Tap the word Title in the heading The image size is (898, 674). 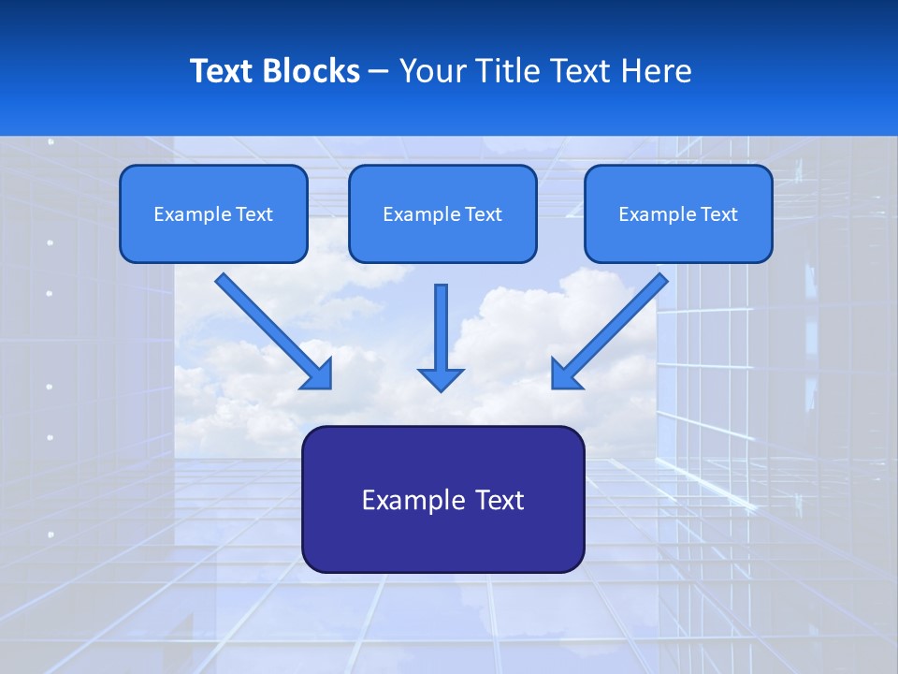511,71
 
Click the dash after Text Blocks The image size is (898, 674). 379,72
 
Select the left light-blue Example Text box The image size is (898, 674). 213,213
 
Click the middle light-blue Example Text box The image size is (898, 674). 442,213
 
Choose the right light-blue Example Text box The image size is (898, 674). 678,213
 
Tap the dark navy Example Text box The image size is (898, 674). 442,499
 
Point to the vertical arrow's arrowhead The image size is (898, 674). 441,378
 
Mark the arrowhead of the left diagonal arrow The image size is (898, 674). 319,376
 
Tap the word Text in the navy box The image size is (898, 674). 499,500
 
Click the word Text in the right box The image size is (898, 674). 718,214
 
